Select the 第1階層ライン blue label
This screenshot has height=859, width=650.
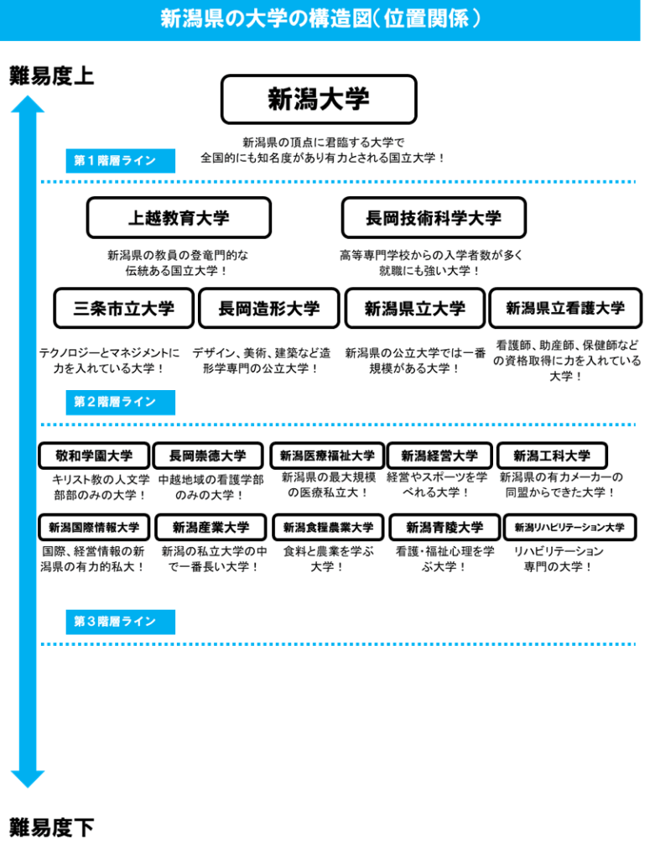tap(121, 160)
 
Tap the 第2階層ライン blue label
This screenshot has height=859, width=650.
tap(121, 402)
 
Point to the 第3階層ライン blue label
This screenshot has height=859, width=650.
tap(121, 622)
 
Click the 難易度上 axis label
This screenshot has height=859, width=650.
tap(51, 75)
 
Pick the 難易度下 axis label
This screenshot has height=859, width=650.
tap(51, 826)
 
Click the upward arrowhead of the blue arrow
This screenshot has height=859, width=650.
tap(28, 104)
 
